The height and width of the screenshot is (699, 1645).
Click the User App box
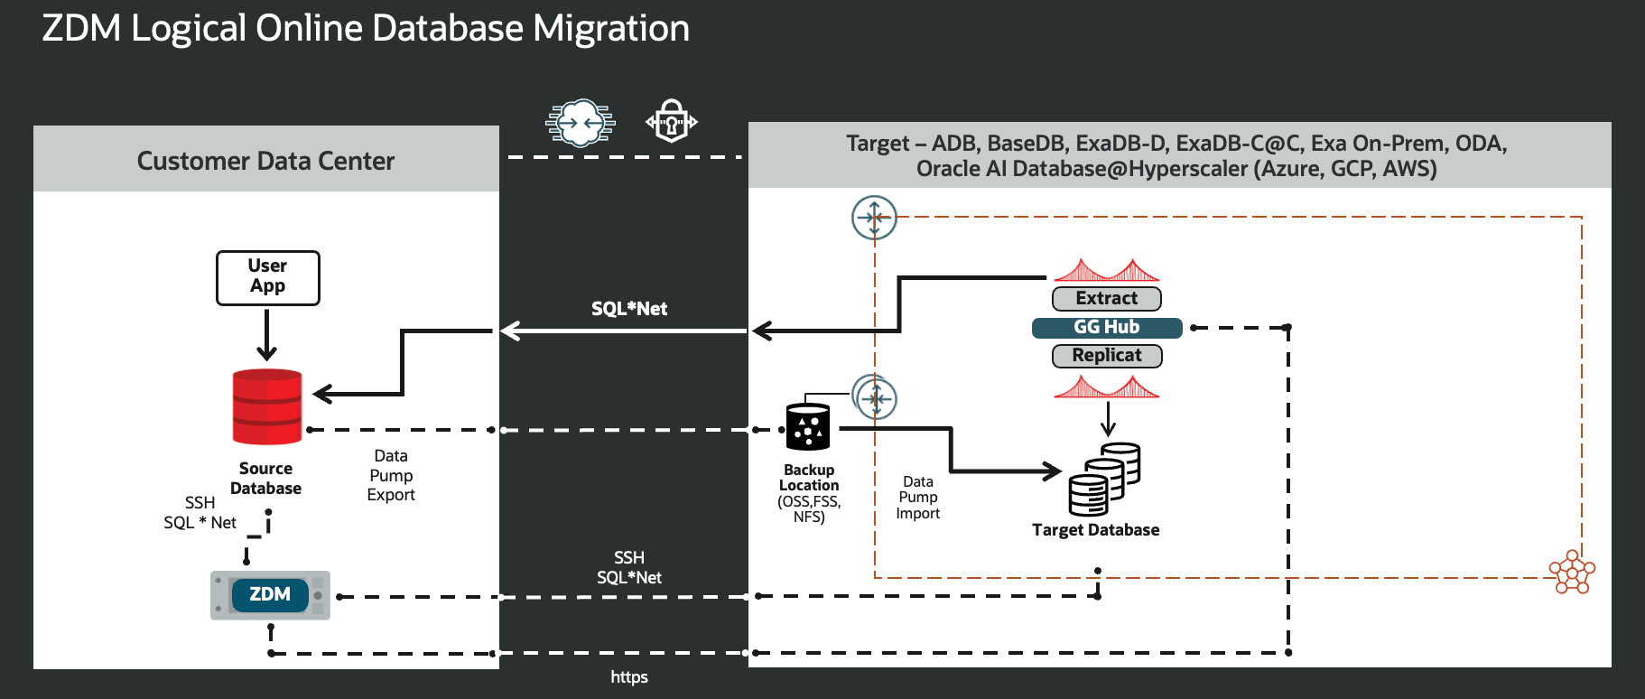[x=267, y=277]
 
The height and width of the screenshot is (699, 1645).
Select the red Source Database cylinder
[x=266, y=406]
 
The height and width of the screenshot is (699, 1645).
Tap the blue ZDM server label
[x=270, y=594]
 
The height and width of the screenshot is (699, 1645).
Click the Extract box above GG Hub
[x=1106, y=298]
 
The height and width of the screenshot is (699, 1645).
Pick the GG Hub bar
[x=1106, y=327]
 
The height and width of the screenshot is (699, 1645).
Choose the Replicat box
[x=1106, y=356]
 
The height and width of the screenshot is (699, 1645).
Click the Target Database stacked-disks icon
[x=1103, y=479]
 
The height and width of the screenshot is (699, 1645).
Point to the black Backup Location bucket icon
[x=807, y=426]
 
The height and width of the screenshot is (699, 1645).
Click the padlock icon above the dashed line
[x=671, y=121]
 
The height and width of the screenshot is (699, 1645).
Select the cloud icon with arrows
[x=580, y=122]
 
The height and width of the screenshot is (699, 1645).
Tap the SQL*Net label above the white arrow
[x=628, y=309]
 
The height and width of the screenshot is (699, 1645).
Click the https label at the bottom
[x=628, y=677]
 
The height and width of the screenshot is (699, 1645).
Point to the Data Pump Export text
[x=390, y=475]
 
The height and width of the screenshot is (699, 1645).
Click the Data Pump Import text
[x=917, y=498]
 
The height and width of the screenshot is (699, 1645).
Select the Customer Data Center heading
[x=265, y=161]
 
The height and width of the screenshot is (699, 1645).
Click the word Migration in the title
[x=610, y=29]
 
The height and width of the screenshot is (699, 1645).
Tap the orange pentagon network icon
[x=1572, y=573]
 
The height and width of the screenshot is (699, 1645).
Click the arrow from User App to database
[x=266, y=335]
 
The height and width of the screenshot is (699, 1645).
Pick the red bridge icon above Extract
[x=1106, y=270]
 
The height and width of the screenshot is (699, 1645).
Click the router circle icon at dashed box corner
[x=874, y=218]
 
